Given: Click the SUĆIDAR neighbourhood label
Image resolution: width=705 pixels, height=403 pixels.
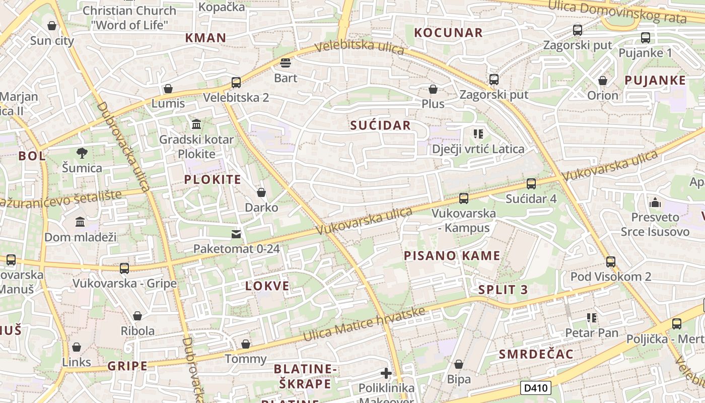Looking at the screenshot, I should tap(380, 125).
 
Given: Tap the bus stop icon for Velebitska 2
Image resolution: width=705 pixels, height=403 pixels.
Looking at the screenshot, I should tap(236, 83).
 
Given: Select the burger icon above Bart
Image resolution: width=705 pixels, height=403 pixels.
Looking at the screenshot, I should tap(286, 63).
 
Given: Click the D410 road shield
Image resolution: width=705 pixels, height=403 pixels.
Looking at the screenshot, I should tap(536, 388).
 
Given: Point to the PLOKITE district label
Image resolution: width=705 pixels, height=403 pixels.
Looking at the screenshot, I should tap(212, 179).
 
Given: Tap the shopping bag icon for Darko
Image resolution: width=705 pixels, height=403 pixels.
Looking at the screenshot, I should tap(261, 192).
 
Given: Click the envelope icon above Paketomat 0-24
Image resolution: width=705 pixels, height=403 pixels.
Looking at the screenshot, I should tap(236, 234).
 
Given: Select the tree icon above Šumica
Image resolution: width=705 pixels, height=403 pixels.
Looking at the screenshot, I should tap(82, 153).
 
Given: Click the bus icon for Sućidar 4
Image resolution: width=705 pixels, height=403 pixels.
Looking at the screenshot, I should tap(531, 184).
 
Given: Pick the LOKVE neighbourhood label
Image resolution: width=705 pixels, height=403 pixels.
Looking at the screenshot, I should tap(267, 286).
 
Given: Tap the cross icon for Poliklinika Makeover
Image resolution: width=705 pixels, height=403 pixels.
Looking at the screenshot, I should tap(386, 373).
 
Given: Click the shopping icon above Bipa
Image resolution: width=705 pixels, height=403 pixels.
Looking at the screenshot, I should tap(459, 364).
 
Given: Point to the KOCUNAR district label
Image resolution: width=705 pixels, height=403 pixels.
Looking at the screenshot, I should tap(448, 33).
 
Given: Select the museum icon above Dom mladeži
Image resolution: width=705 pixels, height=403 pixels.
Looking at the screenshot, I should tap(80, 222).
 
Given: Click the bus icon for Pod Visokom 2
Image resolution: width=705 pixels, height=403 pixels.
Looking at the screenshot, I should tap(610, 262).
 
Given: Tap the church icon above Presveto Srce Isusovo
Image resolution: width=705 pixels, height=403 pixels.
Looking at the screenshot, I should tap(655, 203).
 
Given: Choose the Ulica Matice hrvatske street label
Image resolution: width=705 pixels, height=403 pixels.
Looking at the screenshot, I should tap(364, 323).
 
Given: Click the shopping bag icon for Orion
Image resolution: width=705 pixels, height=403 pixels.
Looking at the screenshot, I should tap(602, 81).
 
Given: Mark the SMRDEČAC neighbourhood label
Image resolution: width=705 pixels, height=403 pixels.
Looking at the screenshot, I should tap(536, 354).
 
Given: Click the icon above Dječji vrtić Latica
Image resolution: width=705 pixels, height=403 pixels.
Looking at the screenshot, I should tap(478, 134).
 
